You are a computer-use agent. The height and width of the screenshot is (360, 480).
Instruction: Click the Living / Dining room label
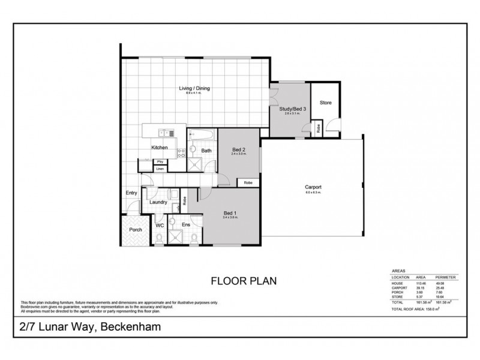[194, 89]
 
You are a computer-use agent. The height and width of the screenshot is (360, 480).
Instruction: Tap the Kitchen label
[158, 148]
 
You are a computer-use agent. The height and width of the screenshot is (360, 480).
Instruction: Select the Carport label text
[313, 187]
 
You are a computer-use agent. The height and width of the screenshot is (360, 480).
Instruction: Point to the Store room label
[325, 103]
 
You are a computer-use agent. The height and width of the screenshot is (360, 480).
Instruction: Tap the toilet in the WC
[158, 238]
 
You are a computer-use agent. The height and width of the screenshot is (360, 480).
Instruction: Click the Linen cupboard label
[160, 169]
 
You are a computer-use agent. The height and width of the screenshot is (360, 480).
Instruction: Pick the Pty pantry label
[160, 162]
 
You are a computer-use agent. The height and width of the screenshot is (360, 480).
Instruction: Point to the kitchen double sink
[163, 133]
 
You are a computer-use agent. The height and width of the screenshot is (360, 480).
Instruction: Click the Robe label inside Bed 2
[247, 183]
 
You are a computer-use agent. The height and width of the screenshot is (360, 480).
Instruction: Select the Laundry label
[158, 203]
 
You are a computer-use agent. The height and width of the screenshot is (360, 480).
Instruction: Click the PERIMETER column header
[446, 278]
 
